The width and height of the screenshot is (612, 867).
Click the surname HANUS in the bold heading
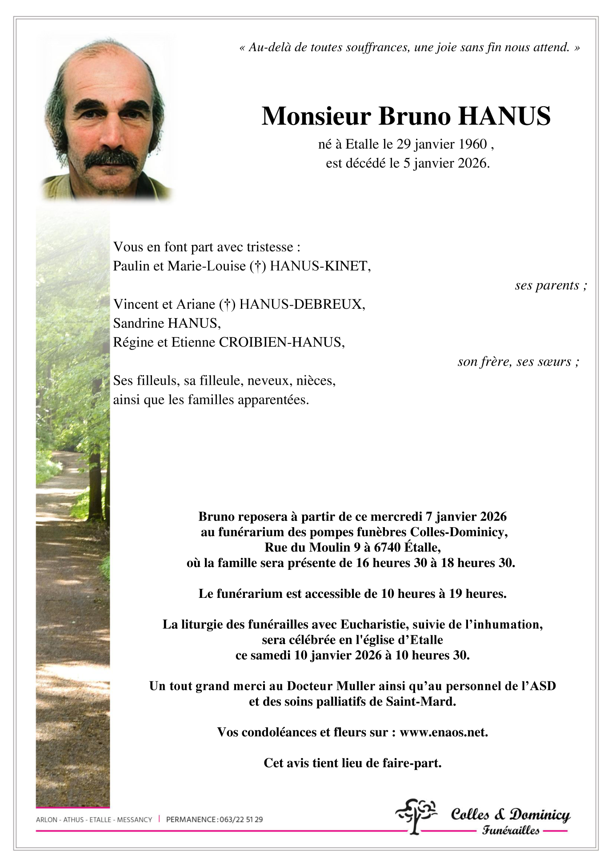click(x=504, y=117)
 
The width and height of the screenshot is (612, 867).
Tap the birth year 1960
click(x=472, y=144)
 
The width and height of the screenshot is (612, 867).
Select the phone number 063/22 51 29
click(x=241, y=819)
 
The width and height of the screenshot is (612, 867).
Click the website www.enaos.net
click(x=444, y=733)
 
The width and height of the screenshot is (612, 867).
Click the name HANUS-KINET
click(x=320, y=266)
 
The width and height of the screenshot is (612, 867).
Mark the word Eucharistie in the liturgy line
click(x=373, y=625)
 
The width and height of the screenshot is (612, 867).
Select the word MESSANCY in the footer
click(x=134, y=819)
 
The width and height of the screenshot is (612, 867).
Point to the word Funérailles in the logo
click(x=511, y=831)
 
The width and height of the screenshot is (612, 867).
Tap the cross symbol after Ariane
click(x=227, y=304)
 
